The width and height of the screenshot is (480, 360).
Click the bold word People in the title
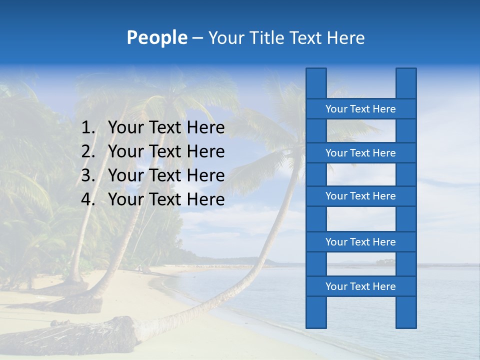(x=156, y=38)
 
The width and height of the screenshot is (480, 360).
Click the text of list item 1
(x=166, y=128)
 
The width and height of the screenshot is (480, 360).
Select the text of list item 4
(x=166, y=199)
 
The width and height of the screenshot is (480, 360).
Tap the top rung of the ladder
(x=360, y=109)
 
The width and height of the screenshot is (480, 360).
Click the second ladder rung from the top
(x=360, y=153)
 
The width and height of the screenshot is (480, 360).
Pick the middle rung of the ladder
(x=360, y=196)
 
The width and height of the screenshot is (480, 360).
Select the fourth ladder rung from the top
(x=360, y=242)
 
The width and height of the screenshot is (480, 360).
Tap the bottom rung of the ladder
(x=360, y=286)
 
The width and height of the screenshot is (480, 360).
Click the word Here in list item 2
(x=205, y=151)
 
